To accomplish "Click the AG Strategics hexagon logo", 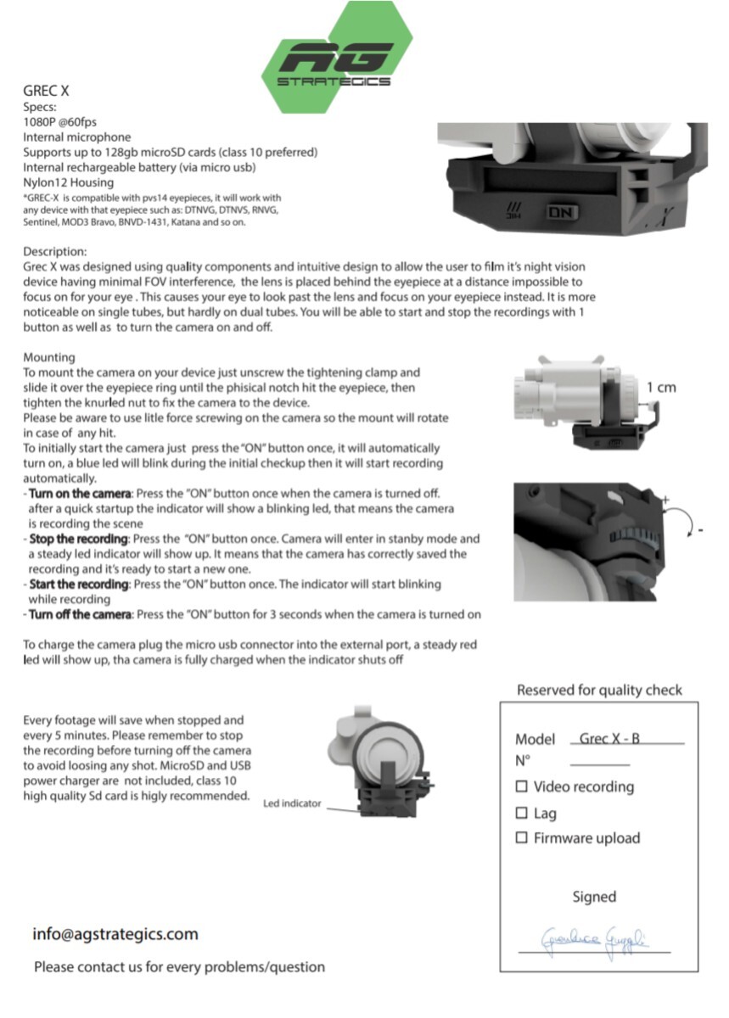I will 336,57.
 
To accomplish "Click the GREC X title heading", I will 46,91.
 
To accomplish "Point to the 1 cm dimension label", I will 661,388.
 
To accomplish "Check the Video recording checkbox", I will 522,786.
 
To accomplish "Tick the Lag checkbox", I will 522,813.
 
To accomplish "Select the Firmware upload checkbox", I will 522,838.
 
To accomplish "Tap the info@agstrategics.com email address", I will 115,934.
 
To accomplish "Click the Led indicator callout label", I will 292,803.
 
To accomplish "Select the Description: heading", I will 55,252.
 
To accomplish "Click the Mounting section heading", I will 49,358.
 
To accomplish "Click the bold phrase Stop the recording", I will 79,539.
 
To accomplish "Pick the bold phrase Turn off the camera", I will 80,614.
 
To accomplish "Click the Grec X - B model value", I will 609,739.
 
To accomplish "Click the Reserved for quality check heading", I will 599,690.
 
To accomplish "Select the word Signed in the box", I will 594,897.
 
